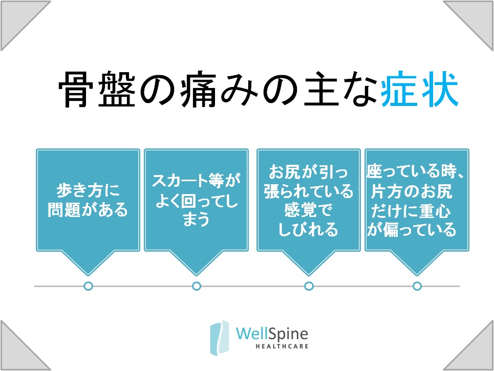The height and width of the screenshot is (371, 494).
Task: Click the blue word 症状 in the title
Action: coord(419,89)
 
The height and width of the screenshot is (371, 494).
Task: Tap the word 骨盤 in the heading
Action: coord(97,89)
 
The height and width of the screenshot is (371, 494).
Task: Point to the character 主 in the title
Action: coord(321,89)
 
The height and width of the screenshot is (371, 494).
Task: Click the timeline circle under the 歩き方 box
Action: coord(89,286)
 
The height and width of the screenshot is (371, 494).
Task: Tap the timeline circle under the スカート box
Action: coord(197,286)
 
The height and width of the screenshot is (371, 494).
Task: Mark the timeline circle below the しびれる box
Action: coord(309,286)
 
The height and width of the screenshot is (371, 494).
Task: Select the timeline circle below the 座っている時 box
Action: coord(417,286)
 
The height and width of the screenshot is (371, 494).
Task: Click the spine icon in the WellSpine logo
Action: coord(219,338)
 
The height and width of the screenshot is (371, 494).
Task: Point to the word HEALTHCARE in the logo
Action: coord(282,346)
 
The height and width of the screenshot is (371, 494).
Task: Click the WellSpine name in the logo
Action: coord(272,334)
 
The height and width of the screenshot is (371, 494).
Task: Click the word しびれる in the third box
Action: coord(308,229)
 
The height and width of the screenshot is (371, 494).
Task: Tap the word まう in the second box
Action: coord(196,219)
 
